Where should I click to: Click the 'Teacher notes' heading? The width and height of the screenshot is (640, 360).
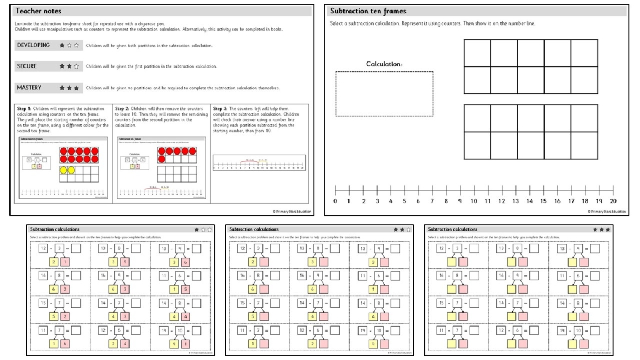pos(39,11)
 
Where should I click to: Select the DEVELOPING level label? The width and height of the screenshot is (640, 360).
pos(34,45)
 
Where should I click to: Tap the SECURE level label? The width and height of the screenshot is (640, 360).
pos(27,66)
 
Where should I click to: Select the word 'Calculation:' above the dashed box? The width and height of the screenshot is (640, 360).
pos(384,64)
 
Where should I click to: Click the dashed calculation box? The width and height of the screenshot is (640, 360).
pos(384,93)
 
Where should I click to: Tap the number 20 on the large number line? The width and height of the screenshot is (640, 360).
pos(613,201)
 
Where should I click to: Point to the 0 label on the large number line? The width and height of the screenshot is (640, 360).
pos(335,201)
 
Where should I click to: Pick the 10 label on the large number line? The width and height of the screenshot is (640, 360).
pos(474,201)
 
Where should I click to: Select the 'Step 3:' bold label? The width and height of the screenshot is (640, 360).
pos(222,108)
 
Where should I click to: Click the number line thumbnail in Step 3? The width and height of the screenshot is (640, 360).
pos(259,164)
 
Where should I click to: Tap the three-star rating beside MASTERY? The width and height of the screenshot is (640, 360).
pos(69,88)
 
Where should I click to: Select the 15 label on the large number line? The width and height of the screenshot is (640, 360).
pos(543,201)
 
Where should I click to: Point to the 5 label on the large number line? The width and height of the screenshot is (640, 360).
pos(404,201)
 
